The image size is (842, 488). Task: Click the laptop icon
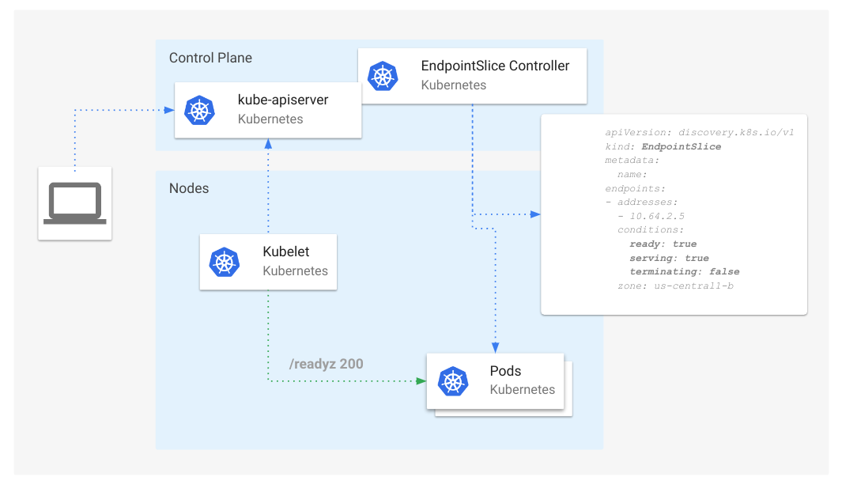point(75,203)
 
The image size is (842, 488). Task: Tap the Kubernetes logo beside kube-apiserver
point(199,110)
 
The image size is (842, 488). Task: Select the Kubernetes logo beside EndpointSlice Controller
point(383,75)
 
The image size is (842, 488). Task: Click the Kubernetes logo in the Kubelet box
point(225,262)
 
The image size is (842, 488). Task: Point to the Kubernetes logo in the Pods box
point(452,380)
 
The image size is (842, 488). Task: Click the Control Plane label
point(210,58)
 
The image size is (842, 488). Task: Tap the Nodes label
point(189,188)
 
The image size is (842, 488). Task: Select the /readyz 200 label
point(327,364)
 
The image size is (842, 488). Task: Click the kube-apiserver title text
point(283,100)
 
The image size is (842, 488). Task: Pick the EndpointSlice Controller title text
point(495,66)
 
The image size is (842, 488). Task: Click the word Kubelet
point(285,252)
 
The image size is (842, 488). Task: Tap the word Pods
point(505,370)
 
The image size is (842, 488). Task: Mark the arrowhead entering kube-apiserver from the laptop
point(170,110)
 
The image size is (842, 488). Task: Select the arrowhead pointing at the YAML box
point(535,214)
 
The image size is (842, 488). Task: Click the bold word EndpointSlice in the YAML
point(681,146)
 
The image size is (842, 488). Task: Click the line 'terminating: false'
point(684,271)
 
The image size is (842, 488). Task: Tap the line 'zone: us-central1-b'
point(675,285)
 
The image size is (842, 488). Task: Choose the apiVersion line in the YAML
point(699,132)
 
